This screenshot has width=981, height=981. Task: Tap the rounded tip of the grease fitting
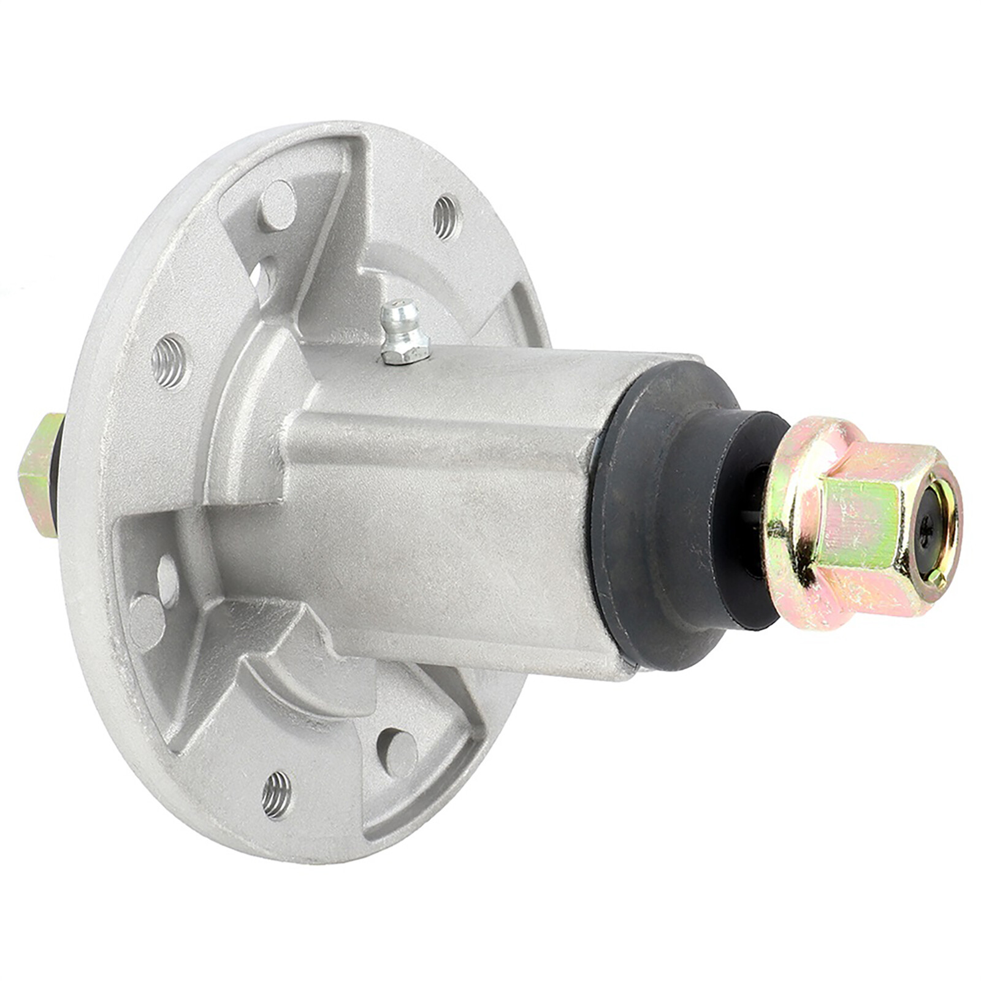click(395, 310)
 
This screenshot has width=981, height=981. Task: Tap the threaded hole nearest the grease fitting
click(446, 216)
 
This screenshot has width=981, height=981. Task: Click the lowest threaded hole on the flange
click(277, 794)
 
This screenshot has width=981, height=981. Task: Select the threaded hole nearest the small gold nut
click(169, 362)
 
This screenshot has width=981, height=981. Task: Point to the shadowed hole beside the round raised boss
click(168, 580)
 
